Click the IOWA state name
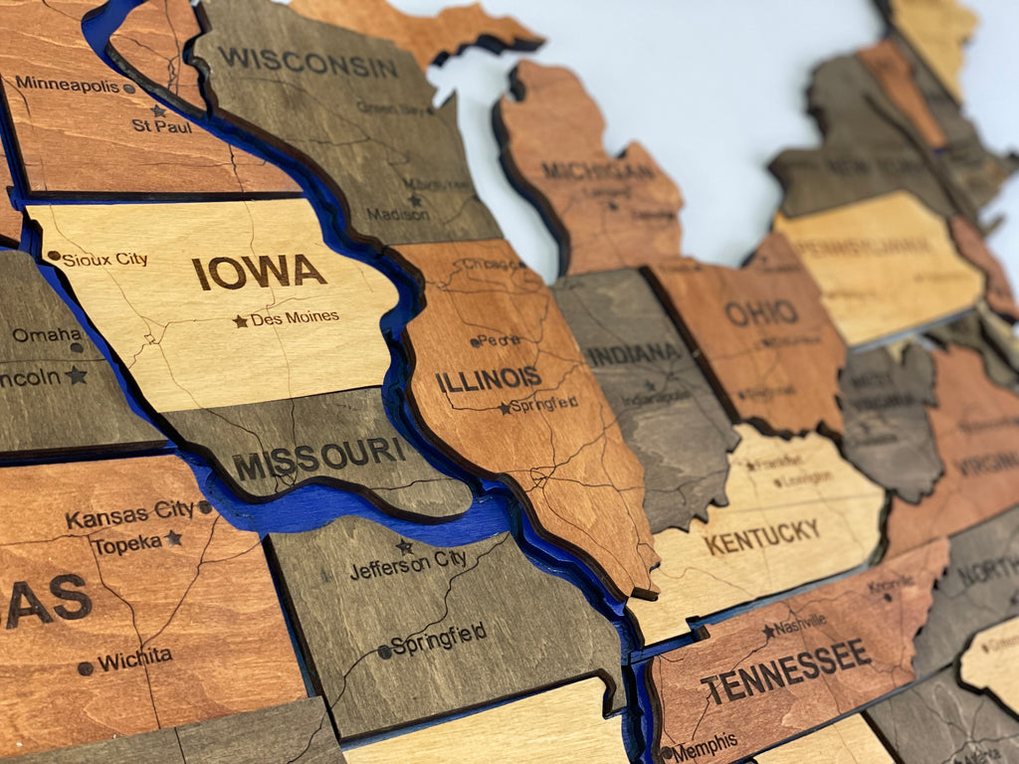coord(259,272)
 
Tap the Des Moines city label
coord(295,318)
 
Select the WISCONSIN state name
coord(307,62)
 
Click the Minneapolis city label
coord(67,85)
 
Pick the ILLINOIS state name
coord(488,379)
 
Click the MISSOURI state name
coord(318,457)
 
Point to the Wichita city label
coord(134,660)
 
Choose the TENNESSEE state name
coord(785,669)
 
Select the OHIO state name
coord(761,312)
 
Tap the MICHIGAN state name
coord(598,170)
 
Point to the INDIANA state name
coord(633,353)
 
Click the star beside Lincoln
coord(77,375)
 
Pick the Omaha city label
coord(47,334)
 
